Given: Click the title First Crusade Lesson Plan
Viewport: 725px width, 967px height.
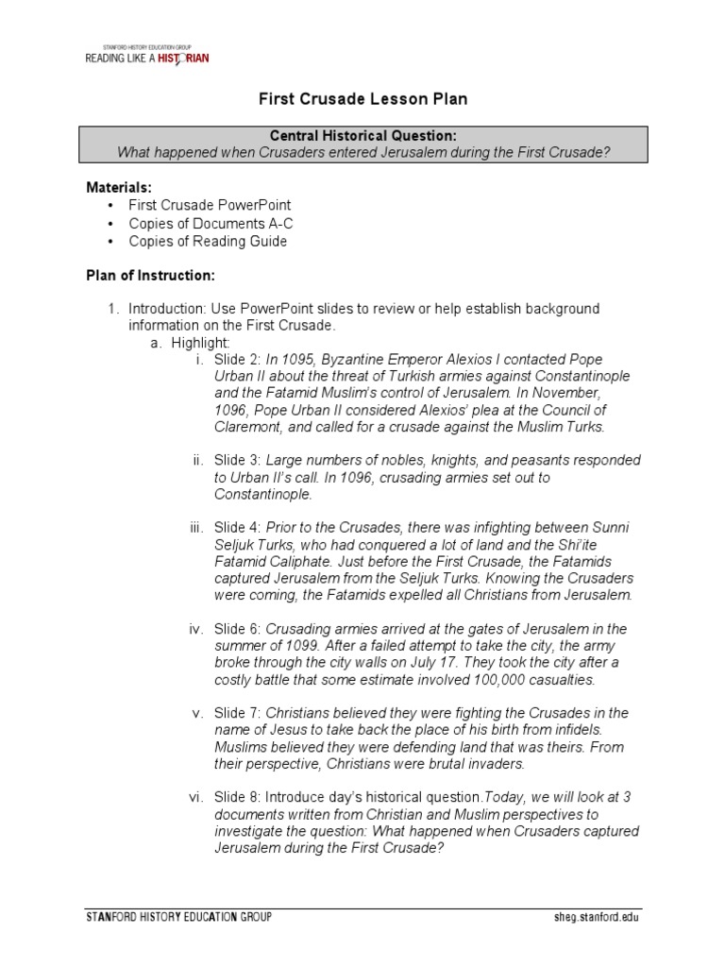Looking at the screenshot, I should [362, 99].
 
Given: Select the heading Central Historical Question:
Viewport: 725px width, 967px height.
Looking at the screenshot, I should [363, 137].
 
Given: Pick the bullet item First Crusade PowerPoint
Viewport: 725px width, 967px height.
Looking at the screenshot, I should [210, 205].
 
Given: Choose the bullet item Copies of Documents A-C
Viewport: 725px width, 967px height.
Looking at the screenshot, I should [209, 223].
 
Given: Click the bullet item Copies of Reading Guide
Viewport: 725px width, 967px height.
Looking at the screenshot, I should [208, 241].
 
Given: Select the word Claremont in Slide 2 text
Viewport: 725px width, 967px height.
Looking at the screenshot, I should [246, 427].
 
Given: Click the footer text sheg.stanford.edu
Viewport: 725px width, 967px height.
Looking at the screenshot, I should [602, 917].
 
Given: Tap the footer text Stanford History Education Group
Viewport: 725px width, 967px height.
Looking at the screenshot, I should [179, 917].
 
